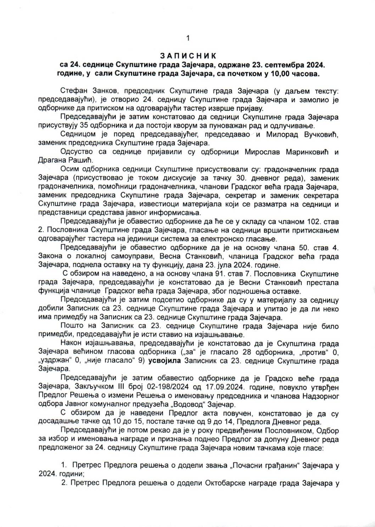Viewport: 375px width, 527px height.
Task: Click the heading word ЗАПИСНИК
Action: point(188,56)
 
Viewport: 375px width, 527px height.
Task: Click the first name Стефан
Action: point(72,91)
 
